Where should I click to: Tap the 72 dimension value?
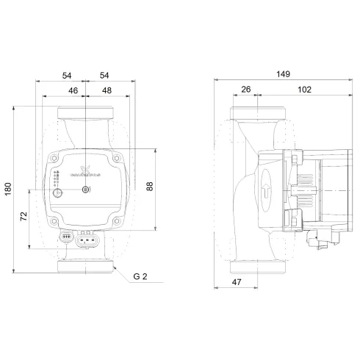point(24,217)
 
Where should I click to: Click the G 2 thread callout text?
point(141,278)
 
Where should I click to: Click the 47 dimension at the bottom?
point(237,281)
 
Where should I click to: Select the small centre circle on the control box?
point(86,190)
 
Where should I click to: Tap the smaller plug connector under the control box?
point(66,237)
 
